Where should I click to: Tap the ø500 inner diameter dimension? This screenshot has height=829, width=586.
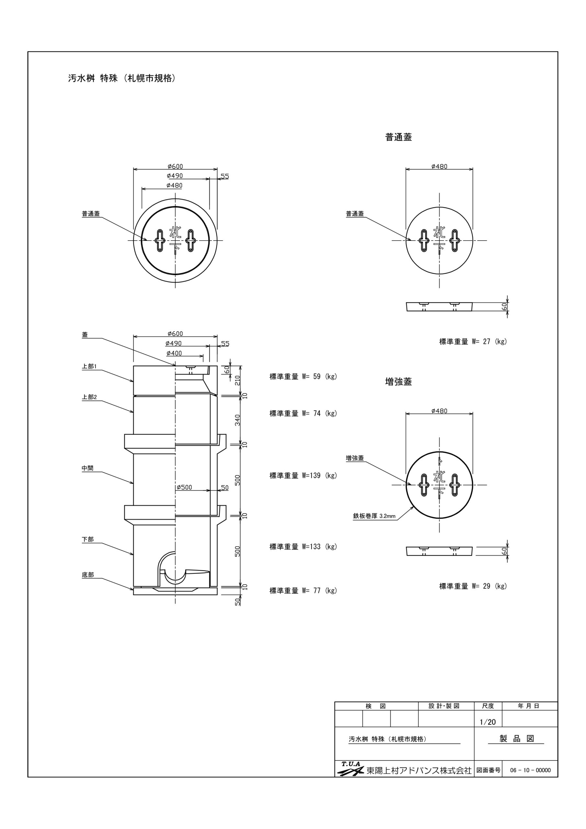tap(184, 487)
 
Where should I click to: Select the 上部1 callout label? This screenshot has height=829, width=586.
tap(89, 367)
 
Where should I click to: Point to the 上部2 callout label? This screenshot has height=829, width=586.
tap(89, 397)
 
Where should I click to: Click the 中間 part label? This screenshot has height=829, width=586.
tap(88, 468)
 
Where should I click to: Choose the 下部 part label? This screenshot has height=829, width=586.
tap(88, 539)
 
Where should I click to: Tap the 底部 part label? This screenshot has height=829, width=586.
tap(88, 575)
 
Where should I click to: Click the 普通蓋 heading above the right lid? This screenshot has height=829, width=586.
tap(399, 137)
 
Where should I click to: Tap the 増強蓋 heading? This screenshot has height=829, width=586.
tap(399, 382)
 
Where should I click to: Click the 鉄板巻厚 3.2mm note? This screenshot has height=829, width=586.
tap(374, 516)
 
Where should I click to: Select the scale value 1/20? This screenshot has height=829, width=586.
tap(488, 722)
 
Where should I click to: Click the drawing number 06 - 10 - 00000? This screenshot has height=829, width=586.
tap(530, 770)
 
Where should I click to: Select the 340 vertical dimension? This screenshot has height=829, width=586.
tap(238, 420)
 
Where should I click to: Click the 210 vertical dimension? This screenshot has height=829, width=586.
tap(238, 380)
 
